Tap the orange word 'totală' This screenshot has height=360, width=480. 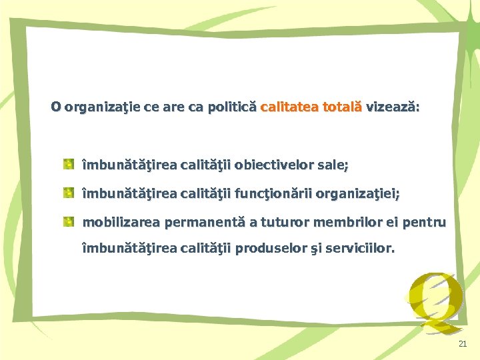pyautogui.click(x=342, y=107)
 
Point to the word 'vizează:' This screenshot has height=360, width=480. pyautogui.click(x=393, y=107)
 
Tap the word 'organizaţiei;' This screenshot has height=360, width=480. pyautogui.click(x=359, y=193)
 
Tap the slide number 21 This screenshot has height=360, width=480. pyautogui.click(x=463, y=344)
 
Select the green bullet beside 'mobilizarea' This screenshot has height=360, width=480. pyautogui.click(x=69, y=221)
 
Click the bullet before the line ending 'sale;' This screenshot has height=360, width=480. pyautogui.click(x=69, y=164)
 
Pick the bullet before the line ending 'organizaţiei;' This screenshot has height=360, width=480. pyautogui.click(x=69, y=193)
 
